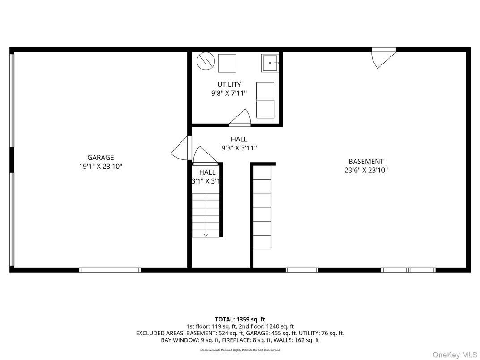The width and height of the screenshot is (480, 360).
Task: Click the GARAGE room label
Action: coord(100,158)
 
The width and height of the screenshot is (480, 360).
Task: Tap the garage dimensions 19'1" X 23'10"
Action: coord(100,166)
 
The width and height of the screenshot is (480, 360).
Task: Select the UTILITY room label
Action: coord(229,85)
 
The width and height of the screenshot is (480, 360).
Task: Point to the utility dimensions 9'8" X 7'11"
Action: coord(229,93)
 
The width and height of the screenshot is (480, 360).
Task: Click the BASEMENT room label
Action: coord(366,162)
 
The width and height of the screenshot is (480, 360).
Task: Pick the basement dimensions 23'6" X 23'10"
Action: coord(366,170)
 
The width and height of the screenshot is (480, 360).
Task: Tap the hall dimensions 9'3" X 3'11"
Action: coord(239,148)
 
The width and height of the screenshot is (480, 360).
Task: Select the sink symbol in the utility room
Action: coord(270,63)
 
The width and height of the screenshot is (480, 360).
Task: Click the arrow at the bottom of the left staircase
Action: coord(206,234)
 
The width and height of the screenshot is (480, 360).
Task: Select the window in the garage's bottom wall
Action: coord(110,270)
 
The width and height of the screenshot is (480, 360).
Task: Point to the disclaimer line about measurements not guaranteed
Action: coord(240,350)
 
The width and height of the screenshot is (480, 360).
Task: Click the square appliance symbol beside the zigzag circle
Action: coord(227,63)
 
